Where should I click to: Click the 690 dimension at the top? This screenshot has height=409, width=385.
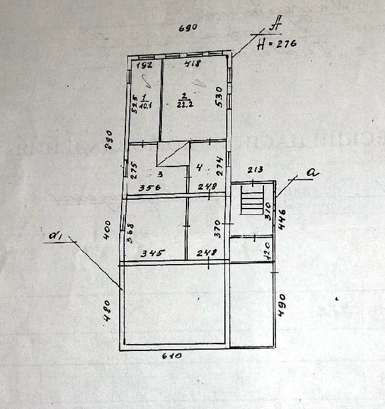coord(188,28)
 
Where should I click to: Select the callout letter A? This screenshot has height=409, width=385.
coord(275,26)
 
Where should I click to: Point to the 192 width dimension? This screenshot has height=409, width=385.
coord(146,64)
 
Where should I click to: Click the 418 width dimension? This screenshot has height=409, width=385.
coord(192,64)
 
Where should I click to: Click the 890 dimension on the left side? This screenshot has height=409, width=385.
coord(108,139)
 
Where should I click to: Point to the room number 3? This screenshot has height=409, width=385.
coord(160,174)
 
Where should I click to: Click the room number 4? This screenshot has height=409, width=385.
coord(198,168)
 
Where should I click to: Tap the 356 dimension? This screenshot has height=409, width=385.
coord(150,187)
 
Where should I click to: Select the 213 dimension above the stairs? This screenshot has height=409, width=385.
coord(255,169)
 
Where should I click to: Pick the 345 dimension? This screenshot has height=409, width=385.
coord(153,253)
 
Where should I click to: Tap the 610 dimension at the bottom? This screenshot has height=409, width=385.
coord(171,356)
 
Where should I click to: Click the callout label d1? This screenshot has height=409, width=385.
coord(55,236)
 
